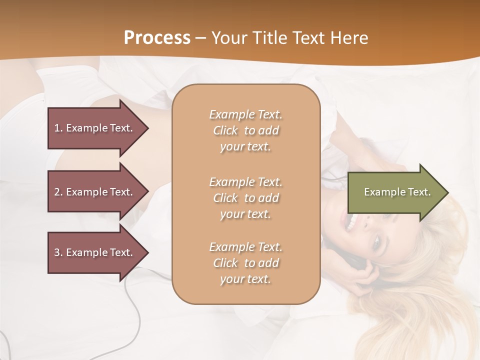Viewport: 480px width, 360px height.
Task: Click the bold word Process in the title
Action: [157, 38]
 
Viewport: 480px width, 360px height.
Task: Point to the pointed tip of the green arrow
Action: [447, 192]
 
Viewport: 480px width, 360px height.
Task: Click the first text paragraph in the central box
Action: [245, 130]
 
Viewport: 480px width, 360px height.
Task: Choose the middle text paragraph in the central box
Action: [245, 197]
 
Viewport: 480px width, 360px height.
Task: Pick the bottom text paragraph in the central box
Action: [245, 263]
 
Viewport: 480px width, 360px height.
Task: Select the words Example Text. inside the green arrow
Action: [397, 192]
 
